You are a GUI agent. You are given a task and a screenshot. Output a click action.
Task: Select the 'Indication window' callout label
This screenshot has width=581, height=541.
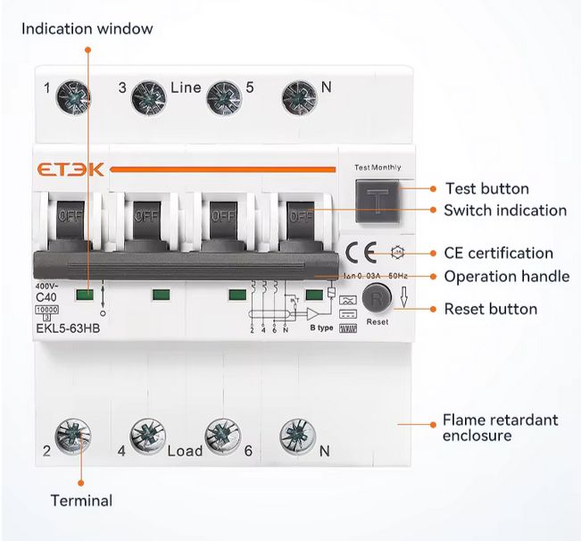pyautogui.click(x=87, y=29)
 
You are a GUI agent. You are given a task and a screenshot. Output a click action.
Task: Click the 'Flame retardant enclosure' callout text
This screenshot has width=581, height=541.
pyautogui.click(x=500, y=428)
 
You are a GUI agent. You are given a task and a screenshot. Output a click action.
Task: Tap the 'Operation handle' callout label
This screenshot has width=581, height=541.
pyautogui.click(x=506, y=277)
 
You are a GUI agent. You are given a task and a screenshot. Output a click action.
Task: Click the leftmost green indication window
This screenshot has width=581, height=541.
pyautogui.click(x=85, y=295)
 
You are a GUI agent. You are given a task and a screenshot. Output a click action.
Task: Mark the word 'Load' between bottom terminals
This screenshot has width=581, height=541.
pyautogui.click(x=185, y=451)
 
